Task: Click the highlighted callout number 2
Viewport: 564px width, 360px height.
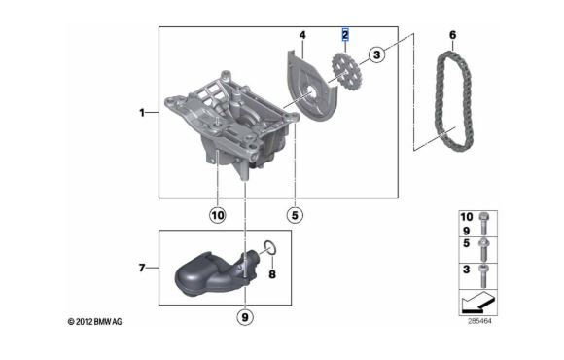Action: [345, 35]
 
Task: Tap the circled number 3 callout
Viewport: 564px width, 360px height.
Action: [376, 55]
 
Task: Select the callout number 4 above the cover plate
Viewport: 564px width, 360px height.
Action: [302, 35]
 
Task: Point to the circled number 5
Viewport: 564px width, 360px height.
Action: [295, 215]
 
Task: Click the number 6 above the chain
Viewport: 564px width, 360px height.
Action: [452, 35]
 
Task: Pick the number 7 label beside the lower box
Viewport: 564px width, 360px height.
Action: [142, 268]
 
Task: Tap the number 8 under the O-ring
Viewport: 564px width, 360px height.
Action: [272, 274]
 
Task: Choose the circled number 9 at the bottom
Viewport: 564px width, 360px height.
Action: [245, 317]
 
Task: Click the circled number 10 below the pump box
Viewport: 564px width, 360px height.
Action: [217, 215]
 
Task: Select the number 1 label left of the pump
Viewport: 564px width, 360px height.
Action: [142, 113]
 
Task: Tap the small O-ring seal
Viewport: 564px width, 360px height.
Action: [270, 247]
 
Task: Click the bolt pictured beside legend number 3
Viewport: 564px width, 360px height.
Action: [482, 275]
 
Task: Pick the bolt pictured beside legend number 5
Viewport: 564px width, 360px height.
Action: [482, 249]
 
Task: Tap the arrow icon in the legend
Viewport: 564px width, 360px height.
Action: [478, 302]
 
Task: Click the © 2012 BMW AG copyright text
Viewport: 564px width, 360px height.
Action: [95, 321]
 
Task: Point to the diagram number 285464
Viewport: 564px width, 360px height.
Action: [479, 321]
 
